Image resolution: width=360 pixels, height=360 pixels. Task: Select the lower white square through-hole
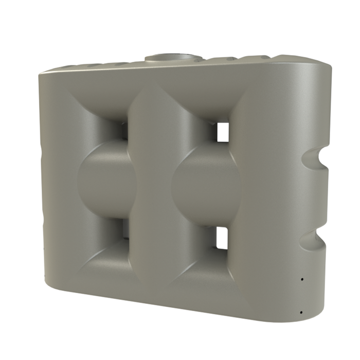(x=222, y=238)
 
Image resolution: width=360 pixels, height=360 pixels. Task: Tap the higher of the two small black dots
(x=302, y=279)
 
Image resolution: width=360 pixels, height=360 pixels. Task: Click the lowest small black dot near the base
(x=300, y=312)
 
